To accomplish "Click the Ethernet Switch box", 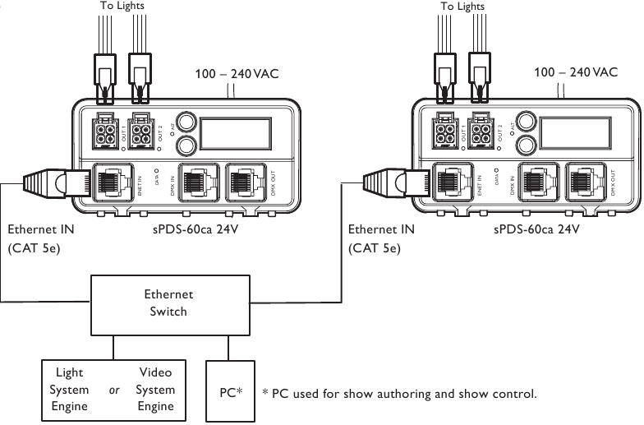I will coord(168,302).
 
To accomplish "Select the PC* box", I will coord(229,392).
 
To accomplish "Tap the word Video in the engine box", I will coord(155,372).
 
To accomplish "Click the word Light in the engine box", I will coord(69,372).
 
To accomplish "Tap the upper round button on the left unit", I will coord(186,122).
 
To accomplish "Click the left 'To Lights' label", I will coord(123,6).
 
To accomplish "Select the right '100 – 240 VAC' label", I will coord(576,73).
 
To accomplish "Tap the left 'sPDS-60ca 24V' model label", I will coord(198,230).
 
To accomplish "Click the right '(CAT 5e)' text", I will coord(375,247).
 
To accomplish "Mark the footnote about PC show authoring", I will coord(399,394).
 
